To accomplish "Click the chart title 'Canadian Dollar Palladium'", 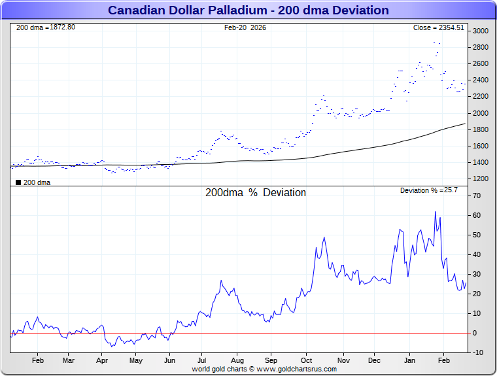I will (x=248, y=10).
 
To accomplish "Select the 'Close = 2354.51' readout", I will (x=438, y=27).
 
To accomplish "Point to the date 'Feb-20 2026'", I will (x=245, y=27).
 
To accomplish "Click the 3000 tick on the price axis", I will (x=481, y=31).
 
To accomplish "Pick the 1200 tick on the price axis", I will (x=481, y=179).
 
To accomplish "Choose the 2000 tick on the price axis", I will (x=481, y=113).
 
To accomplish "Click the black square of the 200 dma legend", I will (x=18, y=182).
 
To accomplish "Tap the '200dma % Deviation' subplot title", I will (x=255, y=193).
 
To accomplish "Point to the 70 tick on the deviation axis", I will (x=478, y=196).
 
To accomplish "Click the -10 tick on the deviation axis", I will (x=477, y=352).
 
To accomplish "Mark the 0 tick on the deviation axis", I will (x=476, y=333).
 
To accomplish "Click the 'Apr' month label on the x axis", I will (x=101, y=360).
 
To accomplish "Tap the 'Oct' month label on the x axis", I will (x=307, y=360).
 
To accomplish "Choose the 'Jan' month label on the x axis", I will (x=410, y=360).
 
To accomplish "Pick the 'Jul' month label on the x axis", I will (x=203, y=360).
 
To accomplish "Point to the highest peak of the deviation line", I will (x=435, y=212).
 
